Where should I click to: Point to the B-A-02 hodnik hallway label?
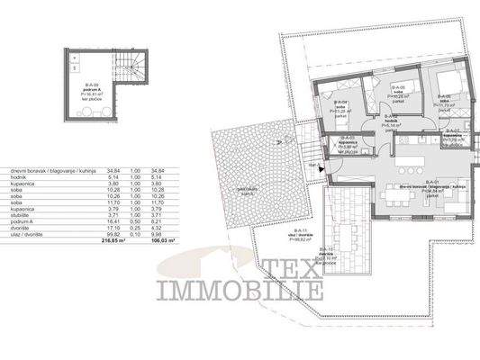point(390,123)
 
